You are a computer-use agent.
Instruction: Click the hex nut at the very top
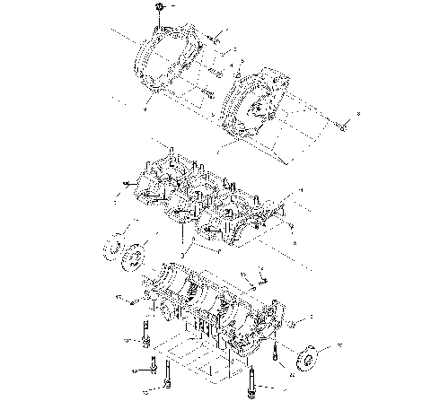click(158, 8)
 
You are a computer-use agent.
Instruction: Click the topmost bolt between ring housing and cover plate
click(217, 38)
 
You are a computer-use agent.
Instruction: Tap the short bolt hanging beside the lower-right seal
click(280, 353)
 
